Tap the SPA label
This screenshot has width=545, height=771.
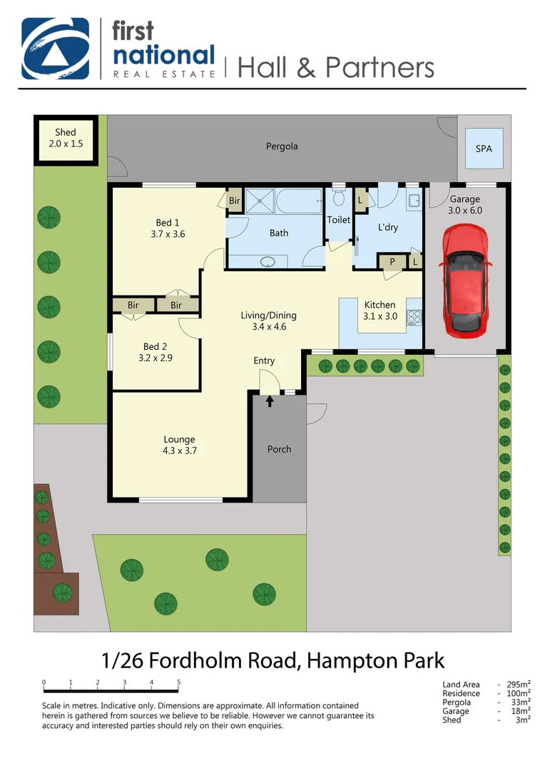point(484,149)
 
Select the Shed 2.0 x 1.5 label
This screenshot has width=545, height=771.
point(66,138)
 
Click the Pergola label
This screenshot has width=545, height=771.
point(282,146)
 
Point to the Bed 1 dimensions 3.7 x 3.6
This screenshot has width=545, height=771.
point(168,233)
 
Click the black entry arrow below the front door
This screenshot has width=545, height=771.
point(270,401)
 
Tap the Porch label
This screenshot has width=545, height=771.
point(279,449)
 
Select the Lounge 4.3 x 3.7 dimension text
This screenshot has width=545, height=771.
point(179,450)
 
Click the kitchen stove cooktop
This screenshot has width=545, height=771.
point(414,317)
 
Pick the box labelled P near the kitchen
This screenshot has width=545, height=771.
point(391,263)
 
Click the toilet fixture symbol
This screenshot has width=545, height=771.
point(339,196)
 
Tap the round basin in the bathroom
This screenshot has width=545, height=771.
point(269,261)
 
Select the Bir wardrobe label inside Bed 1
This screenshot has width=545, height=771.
point(235,201)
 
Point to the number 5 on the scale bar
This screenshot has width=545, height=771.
point(178,682)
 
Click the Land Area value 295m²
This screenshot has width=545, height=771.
point(518,685)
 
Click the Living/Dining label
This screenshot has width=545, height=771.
point(268,316)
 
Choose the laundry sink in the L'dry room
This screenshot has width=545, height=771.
point(414,201)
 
